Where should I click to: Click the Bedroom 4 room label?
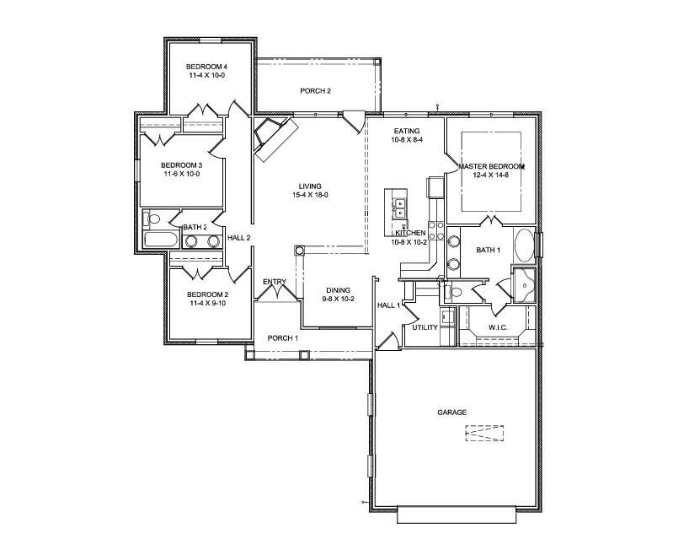click(x=206, y=67)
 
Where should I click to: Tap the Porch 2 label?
click(x=316, y=91)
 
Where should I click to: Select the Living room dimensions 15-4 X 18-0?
click(x=310, y=195)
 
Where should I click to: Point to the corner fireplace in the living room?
click(x=275, y=138)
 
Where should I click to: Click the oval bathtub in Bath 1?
click(x=523, y=246)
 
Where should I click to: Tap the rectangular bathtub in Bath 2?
click(x=160, y=240)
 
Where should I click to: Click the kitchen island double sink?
click(x=399, y=208)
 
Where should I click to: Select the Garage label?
click(x=452, y=413)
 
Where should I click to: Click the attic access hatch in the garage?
click(x=484, y=434)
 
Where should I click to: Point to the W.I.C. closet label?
click(x=498, y=327)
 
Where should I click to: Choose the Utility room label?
click(x=425, y=327)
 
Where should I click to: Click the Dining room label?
click(x=339, y=290)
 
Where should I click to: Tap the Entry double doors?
click(x=277, y=291)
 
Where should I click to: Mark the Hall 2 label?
click(x=238, y=238)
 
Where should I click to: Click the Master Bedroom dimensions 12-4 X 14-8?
click(x=491, y=175)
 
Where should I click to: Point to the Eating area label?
click(x=407, y=131)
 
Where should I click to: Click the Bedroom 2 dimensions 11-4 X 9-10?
click(x=208, y=303)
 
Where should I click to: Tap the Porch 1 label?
click(x=283, y=338)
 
